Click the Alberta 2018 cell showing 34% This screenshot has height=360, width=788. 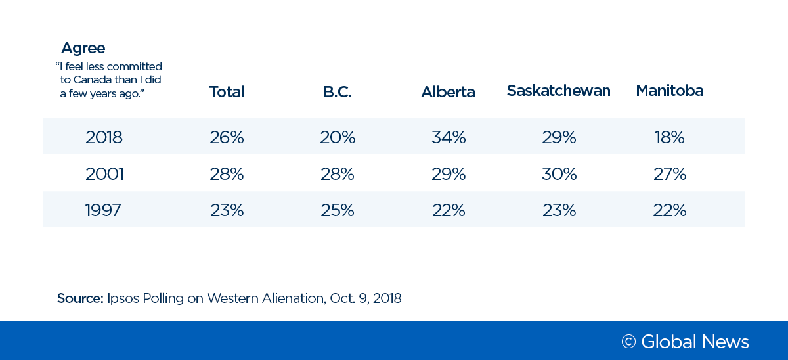pos(449,137)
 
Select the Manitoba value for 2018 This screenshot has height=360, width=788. pos(669,137)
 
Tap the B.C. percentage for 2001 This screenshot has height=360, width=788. pos(338,174)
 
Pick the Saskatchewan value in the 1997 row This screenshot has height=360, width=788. pos(559,210)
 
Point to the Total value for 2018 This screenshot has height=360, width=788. pos(227,137)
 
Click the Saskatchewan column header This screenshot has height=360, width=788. pos(558,91)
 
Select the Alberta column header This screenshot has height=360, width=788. pos(448,92)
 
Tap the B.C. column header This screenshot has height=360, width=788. pos(338,92)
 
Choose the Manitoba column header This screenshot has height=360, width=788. pos(669,91)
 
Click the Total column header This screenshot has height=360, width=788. pos(227,92)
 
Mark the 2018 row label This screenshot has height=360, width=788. pos(104,137)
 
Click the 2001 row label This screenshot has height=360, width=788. pos(104,174)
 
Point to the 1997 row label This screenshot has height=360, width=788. pos(103,210)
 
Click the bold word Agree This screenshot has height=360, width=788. pos(83,49)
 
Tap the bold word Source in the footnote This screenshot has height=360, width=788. pos(79,298)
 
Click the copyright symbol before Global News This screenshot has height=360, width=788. pos(628,342)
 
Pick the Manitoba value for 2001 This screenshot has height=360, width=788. pos(669,174)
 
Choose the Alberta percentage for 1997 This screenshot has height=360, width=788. pos(449,210)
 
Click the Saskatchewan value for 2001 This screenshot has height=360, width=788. pos(559,174)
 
